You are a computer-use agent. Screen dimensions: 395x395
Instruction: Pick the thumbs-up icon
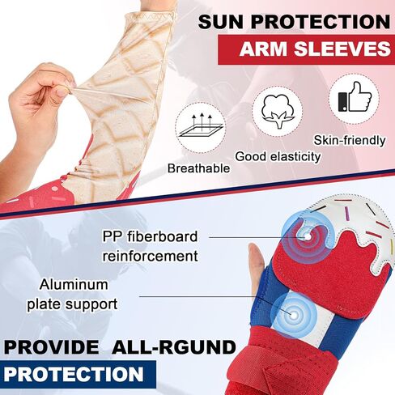click(353, 99)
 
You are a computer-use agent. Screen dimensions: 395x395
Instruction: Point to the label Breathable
click(198, 168)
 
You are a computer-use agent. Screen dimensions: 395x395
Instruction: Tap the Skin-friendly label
click(350, 141)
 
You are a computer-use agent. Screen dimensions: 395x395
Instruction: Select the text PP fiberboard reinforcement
click(150, 245)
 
